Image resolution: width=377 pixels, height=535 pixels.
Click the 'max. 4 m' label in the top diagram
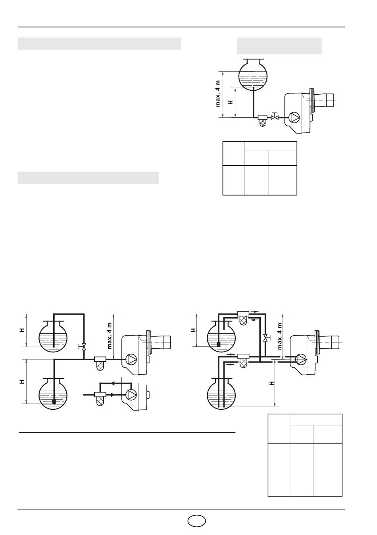218,94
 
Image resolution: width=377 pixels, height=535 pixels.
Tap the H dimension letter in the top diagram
231,102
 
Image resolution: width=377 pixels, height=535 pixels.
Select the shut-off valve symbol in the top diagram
275,117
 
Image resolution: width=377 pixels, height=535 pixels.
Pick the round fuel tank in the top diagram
253,74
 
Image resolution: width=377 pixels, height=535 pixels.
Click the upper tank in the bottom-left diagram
53,337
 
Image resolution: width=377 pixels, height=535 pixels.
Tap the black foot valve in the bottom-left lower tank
54,402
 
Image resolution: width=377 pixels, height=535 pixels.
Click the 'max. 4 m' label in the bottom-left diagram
110,336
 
